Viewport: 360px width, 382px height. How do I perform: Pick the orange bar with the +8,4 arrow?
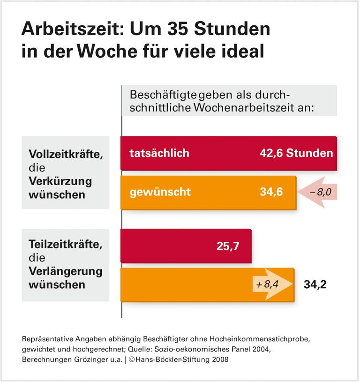(187, 285)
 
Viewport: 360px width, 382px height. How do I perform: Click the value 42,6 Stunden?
(296, 153)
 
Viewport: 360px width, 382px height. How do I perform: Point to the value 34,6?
(271, 192)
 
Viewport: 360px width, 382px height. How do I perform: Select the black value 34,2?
(315, 285)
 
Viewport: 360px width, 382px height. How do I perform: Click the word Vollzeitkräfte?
(65, 154)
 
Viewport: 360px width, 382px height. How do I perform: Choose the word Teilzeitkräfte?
(65, 245)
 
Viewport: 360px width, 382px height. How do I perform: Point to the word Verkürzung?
(60, 181)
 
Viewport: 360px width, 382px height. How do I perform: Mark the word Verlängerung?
(65, 271)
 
